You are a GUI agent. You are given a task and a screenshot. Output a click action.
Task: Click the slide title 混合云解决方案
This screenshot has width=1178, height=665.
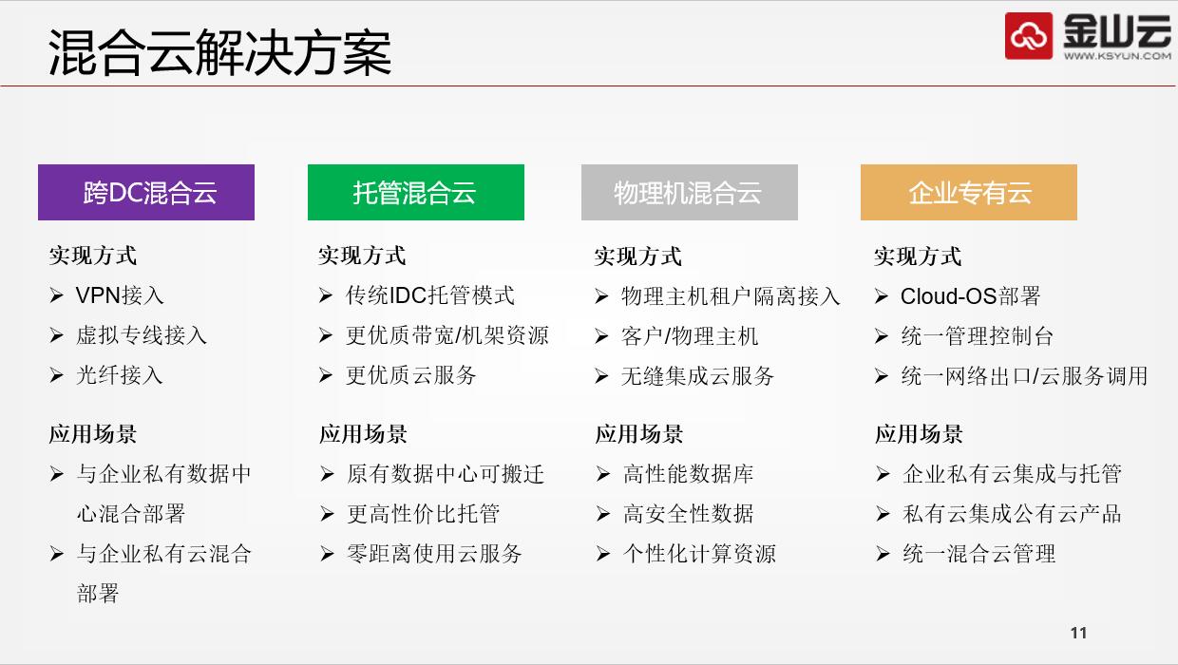[x=219, y=52]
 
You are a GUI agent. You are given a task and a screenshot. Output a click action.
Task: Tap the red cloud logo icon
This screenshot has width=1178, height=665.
[x=1029, y=36]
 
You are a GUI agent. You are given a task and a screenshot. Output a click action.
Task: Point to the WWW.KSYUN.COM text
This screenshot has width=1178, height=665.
[x=1117, y=55]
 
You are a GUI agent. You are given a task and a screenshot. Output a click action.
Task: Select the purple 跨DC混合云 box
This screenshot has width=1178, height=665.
[x=146, y=193]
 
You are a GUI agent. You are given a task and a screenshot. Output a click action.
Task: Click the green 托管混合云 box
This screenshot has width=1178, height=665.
[x=416, y=193]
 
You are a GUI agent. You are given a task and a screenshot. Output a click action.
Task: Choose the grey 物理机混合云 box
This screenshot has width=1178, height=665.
[x=690, y=193]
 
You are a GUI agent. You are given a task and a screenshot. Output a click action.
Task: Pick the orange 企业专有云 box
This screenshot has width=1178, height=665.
[x=969, y=193]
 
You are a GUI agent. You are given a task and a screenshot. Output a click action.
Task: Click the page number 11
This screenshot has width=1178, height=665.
[x=1078, y=633]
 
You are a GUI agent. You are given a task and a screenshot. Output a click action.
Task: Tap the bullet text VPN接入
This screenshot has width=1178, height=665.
[x=120, y=295]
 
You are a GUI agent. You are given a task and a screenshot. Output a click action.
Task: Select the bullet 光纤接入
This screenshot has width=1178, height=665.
[x=120, y=375]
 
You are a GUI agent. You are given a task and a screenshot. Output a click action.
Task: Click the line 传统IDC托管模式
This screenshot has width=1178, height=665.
[x=430, y=295]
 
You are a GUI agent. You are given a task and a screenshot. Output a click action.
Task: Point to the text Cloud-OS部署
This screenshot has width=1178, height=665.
[x=970, y=296]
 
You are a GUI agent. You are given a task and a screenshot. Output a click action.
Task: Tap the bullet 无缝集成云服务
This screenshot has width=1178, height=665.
[x=697, y=376]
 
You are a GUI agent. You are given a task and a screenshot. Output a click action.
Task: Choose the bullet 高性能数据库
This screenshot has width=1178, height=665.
[x=689, y=474]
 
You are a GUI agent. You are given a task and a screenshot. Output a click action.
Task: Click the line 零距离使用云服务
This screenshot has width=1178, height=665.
[x=434, y=554]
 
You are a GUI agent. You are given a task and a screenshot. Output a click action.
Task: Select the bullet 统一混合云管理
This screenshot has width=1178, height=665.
[x=979, y=554]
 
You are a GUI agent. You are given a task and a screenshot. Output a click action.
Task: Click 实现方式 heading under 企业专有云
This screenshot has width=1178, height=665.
[x=918, y=256]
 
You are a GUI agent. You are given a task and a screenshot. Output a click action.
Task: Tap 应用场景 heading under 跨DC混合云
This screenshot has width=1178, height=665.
[x=93, y=434]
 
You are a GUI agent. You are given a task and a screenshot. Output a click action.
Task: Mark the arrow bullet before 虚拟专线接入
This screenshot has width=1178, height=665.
[x=57, y=335]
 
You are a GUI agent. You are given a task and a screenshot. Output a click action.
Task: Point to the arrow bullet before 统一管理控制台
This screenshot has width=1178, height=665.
[x=882, y=336]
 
